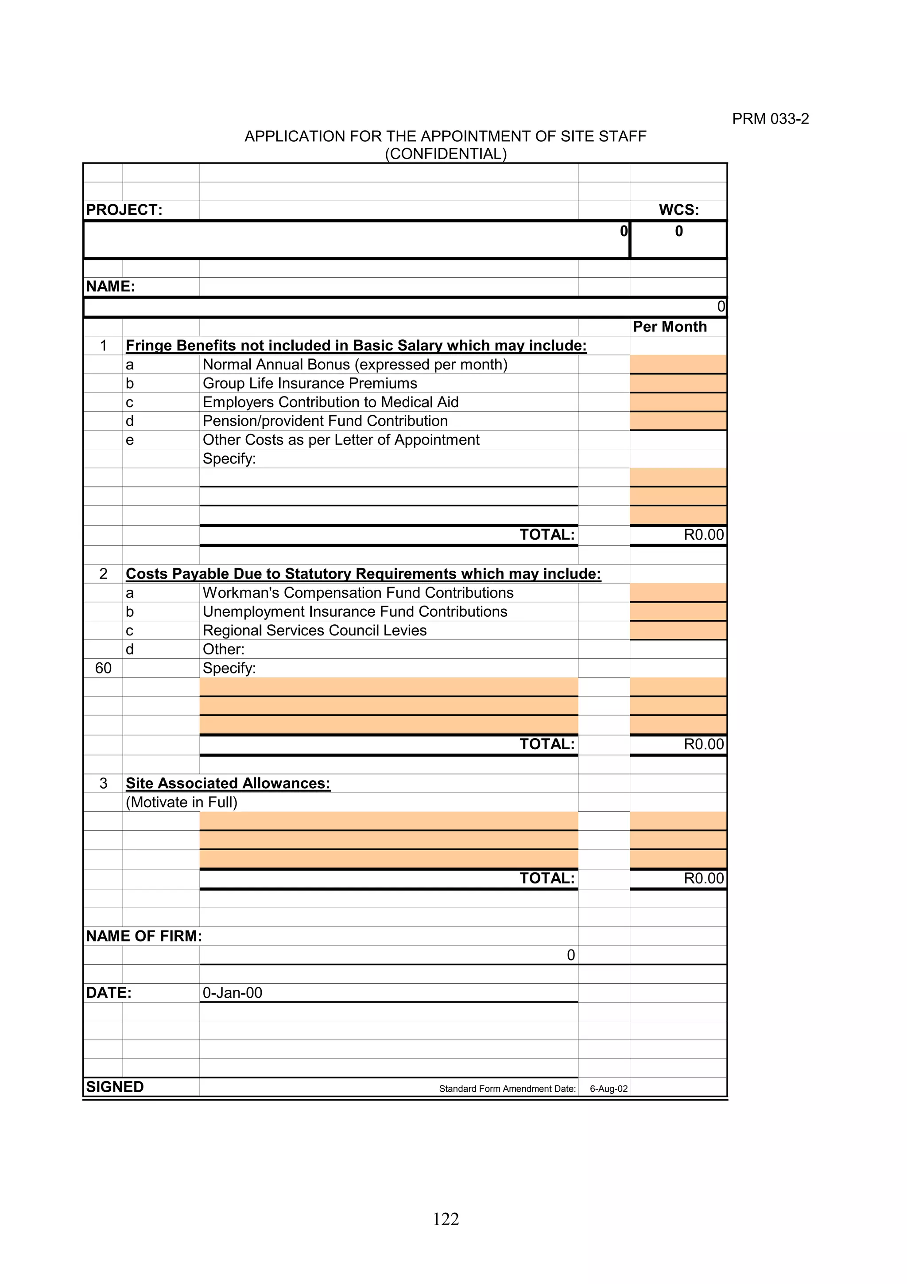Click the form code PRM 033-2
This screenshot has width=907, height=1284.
click(770, 119)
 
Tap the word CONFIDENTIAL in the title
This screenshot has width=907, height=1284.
click(446, 154)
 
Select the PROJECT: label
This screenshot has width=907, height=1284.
click(124, 210)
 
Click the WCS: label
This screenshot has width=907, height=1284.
click(678, 210)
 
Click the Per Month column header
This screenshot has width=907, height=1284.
click(670, 327)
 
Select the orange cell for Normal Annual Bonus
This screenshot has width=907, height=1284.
click(678, 364)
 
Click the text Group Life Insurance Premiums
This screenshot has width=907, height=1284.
click(310, 384)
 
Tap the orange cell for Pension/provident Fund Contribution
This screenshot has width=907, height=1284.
click(678, 420)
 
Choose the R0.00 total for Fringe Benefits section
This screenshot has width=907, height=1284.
click(704, 535)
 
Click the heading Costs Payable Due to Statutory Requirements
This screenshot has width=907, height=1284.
click(363, 574)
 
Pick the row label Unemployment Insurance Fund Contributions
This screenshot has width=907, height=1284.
click(355, 612)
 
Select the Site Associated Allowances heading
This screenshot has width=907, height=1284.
click(228, 783)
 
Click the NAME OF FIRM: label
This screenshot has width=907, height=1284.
click(143, 936)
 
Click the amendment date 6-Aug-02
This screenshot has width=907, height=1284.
click(609, 1089)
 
